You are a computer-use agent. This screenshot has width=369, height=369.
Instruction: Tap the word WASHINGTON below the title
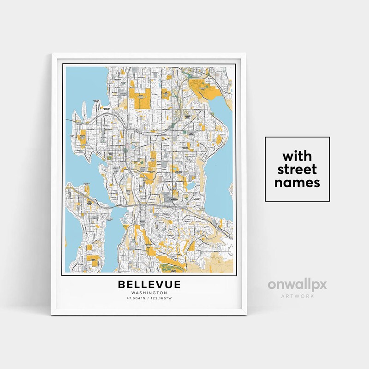pyautogui.click(x=149, y=293)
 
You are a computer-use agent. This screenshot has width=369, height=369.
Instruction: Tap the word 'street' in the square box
pyautogui.click(x=297, y=168)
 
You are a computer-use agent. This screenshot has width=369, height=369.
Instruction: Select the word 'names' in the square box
pyautogui.click(x=297, y=183)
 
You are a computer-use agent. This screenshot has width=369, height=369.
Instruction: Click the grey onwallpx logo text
pyautogui.click(x=297, y=285)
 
